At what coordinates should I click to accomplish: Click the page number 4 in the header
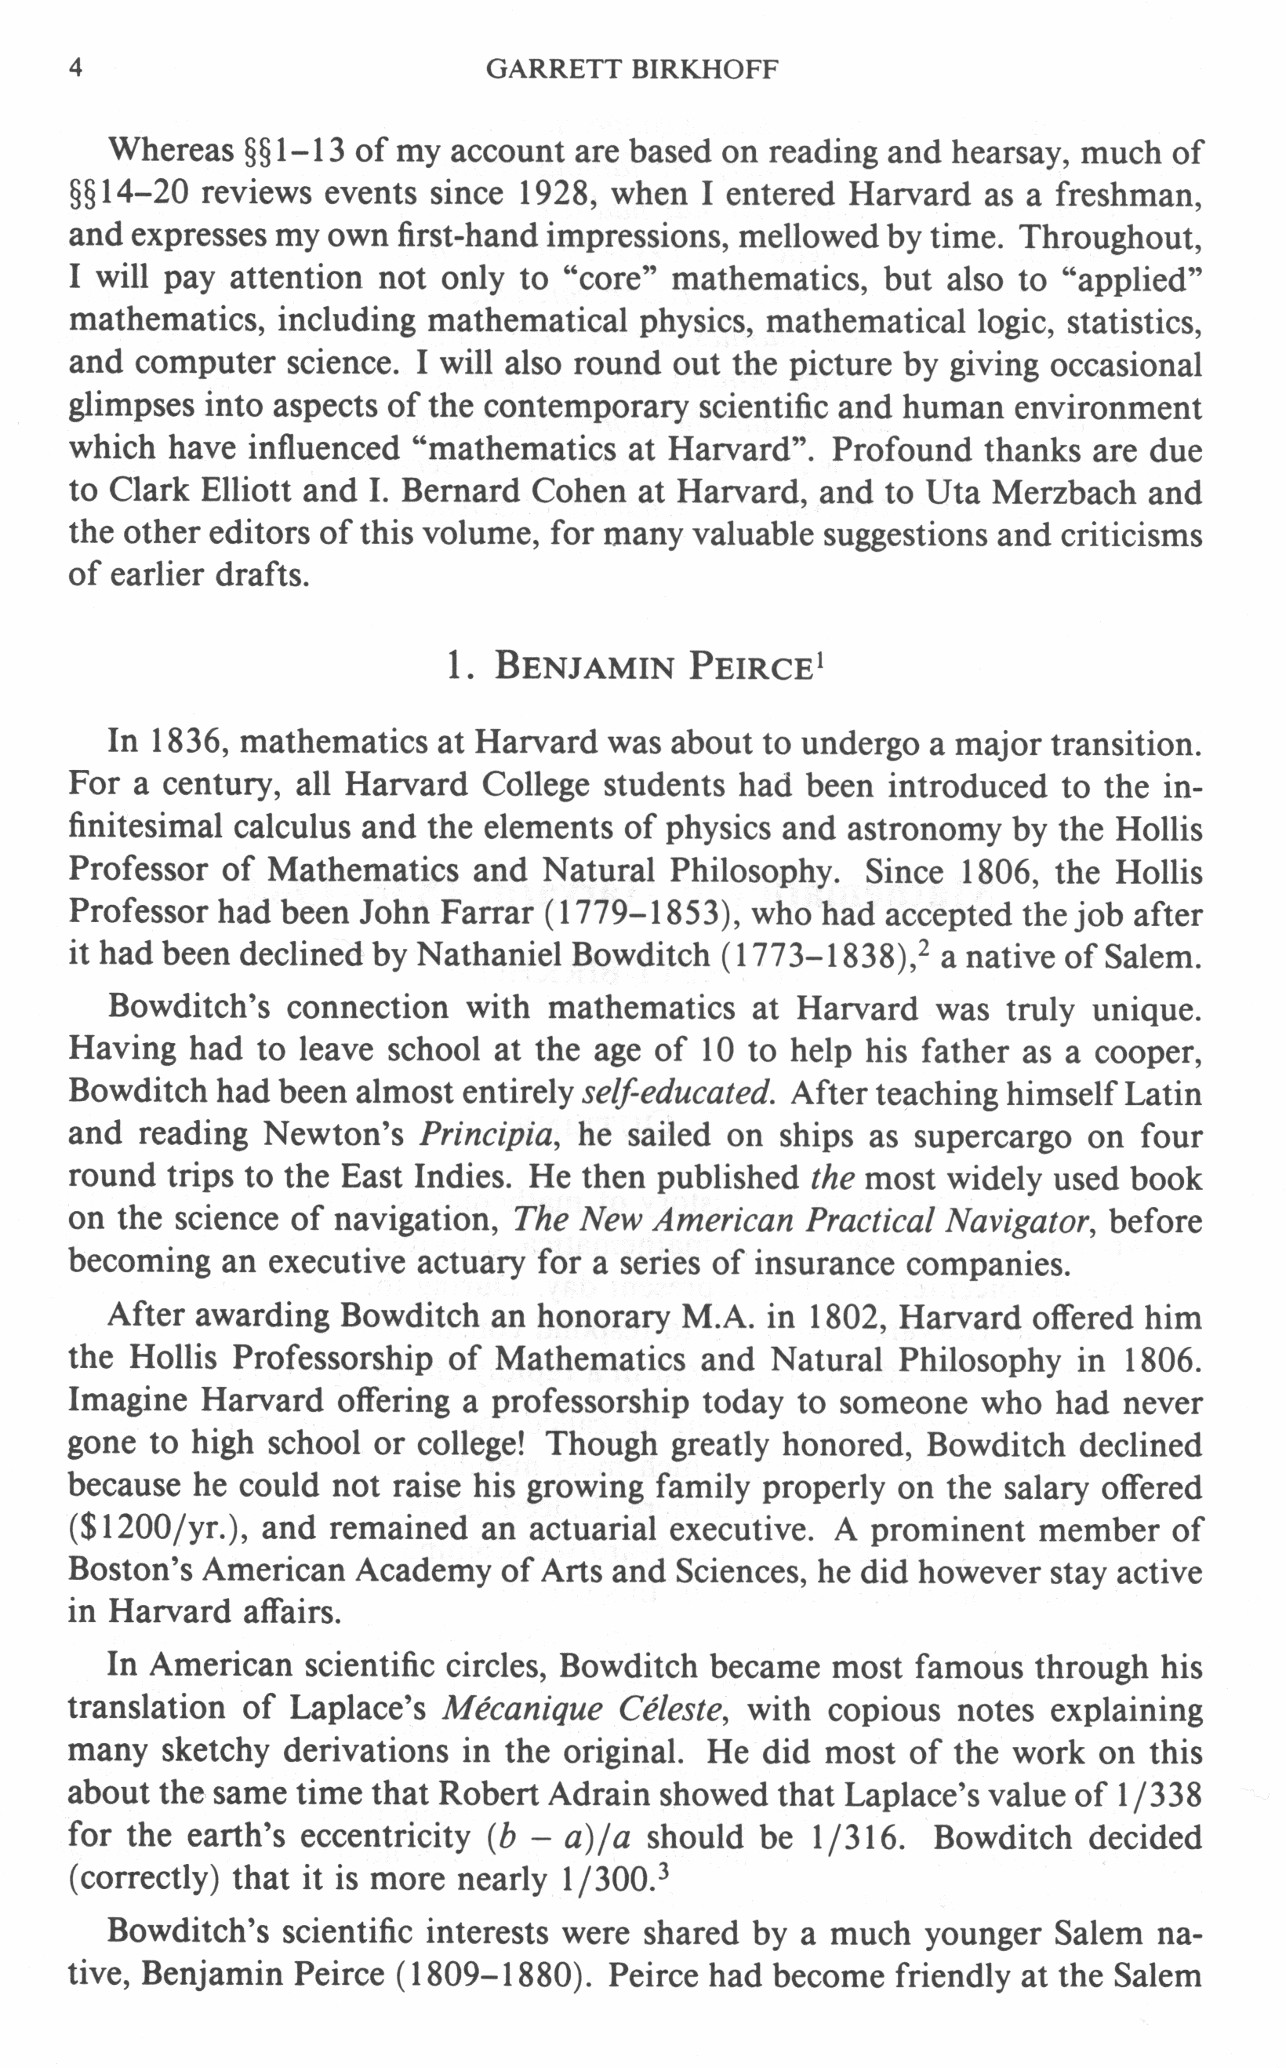(76, 69)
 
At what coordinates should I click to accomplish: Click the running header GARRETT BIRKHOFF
(631, 69)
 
